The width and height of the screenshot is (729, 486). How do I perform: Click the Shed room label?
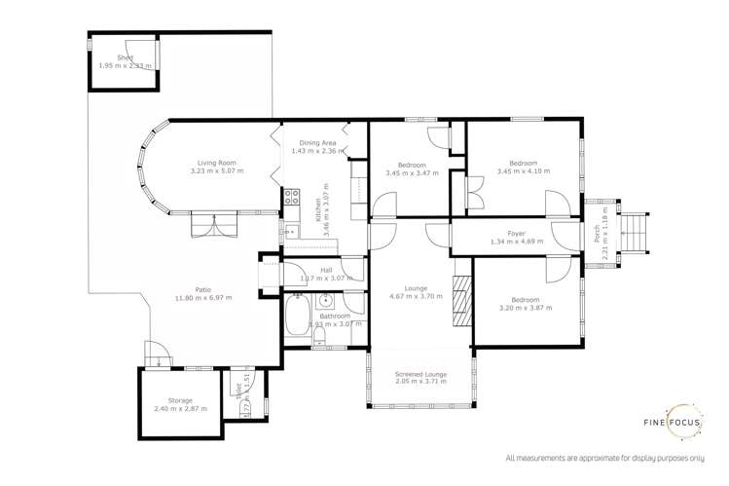coord(125,57)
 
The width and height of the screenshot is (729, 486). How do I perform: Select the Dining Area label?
coord(317,143)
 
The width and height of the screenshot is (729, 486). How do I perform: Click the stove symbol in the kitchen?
coord(290,199)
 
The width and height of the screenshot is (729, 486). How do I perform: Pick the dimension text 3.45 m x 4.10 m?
coord(524,171)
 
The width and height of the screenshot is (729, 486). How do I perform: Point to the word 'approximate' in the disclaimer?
coord(599,458)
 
